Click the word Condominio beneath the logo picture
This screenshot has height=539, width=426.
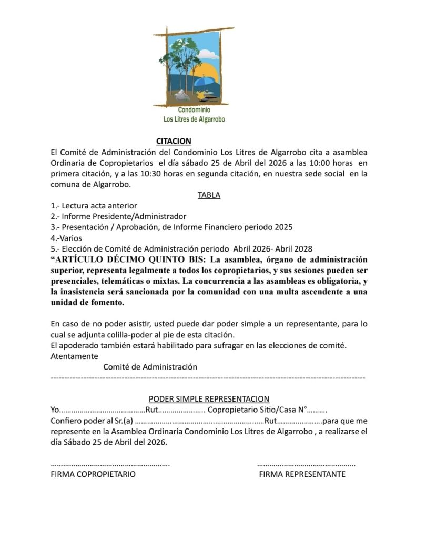(194, 110)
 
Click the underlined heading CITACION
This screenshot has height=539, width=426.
(174, 141)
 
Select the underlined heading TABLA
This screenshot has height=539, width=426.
(209, 195)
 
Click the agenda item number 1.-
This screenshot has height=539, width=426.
(55, 206)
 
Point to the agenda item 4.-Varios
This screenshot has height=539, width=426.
(66, 238)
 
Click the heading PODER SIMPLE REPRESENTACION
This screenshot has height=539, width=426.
(209, 399)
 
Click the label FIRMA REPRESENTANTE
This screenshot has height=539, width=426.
(302, 474)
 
